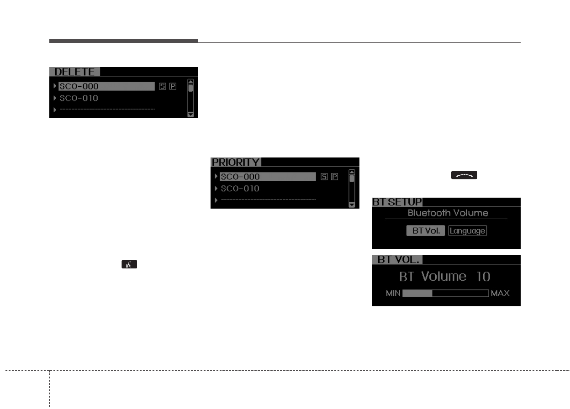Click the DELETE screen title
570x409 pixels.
point(74,72)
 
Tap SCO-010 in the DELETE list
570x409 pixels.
point(79,98)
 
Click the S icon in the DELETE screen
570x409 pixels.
point(163,86)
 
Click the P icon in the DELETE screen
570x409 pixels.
point(173,86)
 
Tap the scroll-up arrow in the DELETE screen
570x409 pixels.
point(190,82)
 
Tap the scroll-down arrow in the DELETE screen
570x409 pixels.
point(190,115)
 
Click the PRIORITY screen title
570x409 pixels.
point(235,162)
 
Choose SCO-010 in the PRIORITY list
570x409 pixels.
point(240,189)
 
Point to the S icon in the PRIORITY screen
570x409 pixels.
point(324,177)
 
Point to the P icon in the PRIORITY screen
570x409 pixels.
point(334,177)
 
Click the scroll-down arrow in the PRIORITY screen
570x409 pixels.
point(351,205)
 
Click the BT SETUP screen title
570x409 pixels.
point(397,202)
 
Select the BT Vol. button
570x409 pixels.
point(426,231)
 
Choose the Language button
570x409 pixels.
point(467,231)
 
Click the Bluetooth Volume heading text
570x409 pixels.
point(448,213)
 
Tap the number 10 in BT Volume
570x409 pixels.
point(483,277)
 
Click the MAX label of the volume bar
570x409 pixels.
point(500,293)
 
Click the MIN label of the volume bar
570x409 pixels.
point(393,293)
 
